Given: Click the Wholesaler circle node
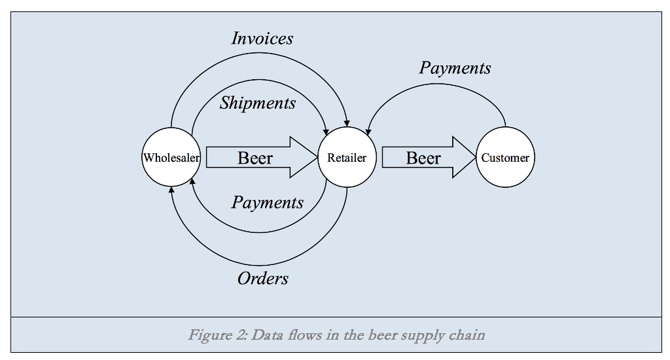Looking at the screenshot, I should [x=171, y=158].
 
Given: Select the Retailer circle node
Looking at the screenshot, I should [x=347, y=158].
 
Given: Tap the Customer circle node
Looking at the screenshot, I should [x=505, y=158].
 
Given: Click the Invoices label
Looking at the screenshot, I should [x=262, y=39].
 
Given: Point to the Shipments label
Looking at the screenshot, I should [x=258, y=103].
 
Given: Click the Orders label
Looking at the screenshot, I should [x=263, y=279].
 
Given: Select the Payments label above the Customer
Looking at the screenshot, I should [x=455, y=68].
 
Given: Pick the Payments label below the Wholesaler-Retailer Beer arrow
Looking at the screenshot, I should [x=268, y=202].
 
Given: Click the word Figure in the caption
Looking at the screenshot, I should [x=209, y=336].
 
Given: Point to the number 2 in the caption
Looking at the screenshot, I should [x=240, y=336].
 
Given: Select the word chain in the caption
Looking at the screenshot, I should [x=467, y=336].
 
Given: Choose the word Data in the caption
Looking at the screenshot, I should [x=267, y=336].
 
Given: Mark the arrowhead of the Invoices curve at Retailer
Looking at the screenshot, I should [x=347, y=124].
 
